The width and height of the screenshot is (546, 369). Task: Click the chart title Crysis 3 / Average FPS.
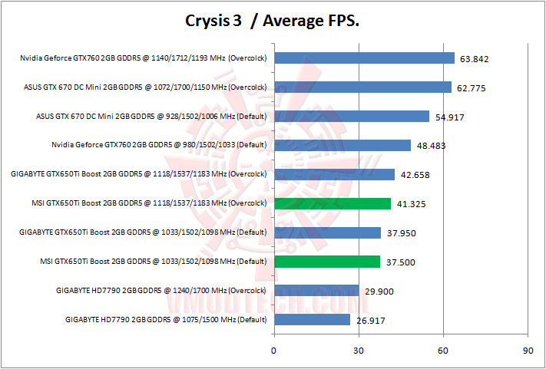[x=273, y=21]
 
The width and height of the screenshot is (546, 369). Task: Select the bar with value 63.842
[x=364, y=58]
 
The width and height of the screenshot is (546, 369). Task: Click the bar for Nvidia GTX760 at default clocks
[x=342, y=145]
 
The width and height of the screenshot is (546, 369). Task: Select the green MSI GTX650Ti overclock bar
[x=333, y=203]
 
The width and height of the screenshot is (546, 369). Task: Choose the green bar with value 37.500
[x=327, y=262]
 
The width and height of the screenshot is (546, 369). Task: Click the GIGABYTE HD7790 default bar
[x=312, y=320]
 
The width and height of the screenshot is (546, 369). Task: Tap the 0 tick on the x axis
[x=274, y=351]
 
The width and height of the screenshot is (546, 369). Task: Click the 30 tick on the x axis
[x=359, y=351]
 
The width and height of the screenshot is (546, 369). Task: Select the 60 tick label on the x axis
[x=443, y=351]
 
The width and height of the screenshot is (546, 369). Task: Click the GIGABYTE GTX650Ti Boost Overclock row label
[x=139, y=174]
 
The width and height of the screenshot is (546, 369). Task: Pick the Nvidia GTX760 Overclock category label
[x=144, y=58]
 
